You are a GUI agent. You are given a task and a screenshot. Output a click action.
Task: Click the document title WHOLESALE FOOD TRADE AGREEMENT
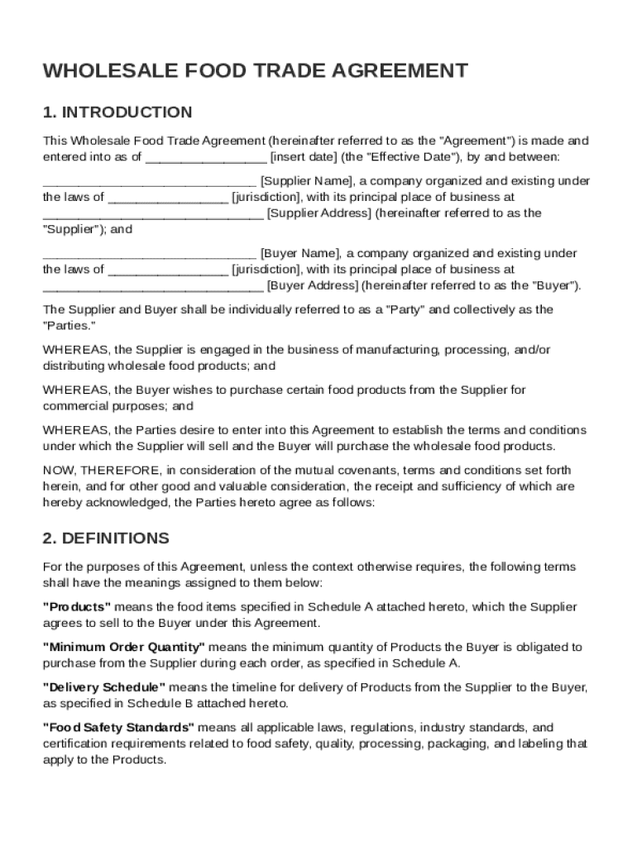pyautogui.click(x=255, y=71)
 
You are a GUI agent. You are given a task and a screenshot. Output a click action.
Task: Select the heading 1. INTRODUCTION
pyautogui.click(x=117, y=112)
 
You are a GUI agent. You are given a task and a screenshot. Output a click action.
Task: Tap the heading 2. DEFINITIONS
pyautogui.click(x=106, y=538)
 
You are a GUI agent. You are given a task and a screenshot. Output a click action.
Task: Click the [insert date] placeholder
pyautogui.click(x=302, y=157)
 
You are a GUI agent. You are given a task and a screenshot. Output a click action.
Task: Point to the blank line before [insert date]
pyautogui.click(x=206, y=157)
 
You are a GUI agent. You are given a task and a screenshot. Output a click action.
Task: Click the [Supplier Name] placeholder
pyautogui.click(x=307, y=181)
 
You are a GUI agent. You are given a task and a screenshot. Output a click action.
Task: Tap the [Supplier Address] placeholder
pyautogui.click(x=319, y=213)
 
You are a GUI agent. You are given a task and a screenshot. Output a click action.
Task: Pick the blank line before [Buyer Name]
pyautogui.click(x=149, y=253)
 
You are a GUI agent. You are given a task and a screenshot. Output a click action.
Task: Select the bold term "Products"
pyautogui.click(x=77, y=607)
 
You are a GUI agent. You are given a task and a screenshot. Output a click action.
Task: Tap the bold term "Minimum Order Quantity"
pyautogui.click(x=123, y=647)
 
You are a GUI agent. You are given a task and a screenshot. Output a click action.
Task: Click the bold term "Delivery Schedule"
pyautogui.click(x=104, y=687)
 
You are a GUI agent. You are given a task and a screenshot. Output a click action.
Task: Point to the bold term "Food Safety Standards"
pyautogui.click(x=118, y=728)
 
